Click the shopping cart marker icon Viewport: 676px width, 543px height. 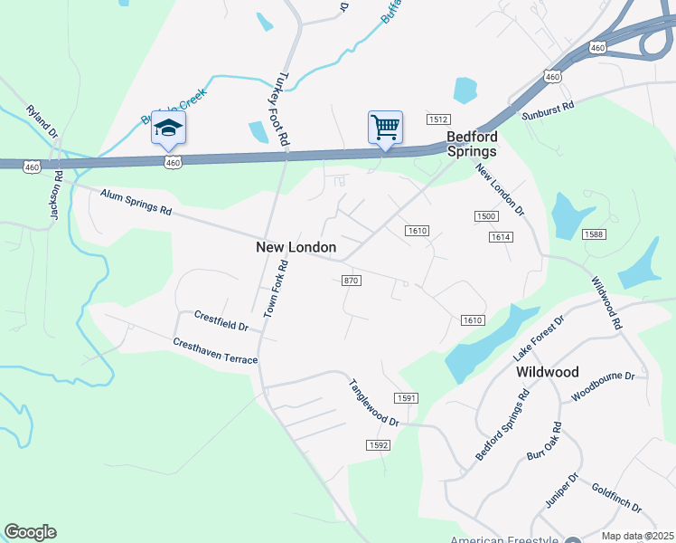385,127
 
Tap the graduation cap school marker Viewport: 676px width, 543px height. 169,128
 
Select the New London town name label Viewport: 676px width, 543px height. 296,247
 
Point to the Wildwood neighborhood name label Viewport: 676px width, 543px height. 547,372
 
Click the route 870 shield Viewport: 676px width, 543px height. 352,281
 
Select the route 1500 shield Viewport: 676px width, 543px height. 485,215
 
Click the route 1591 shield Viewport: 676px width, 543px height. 406,398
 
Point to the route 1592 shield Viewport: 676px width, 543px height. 378,444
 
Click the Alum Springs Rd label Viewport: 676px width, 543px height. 136,202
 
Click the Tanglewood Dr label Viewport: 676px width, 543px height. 374,403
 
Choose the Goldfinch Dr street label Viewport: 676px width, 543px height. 617,497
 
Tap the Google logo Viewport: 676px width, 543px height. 30,532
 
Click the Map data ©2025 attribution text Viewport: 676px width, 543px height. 636,536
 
